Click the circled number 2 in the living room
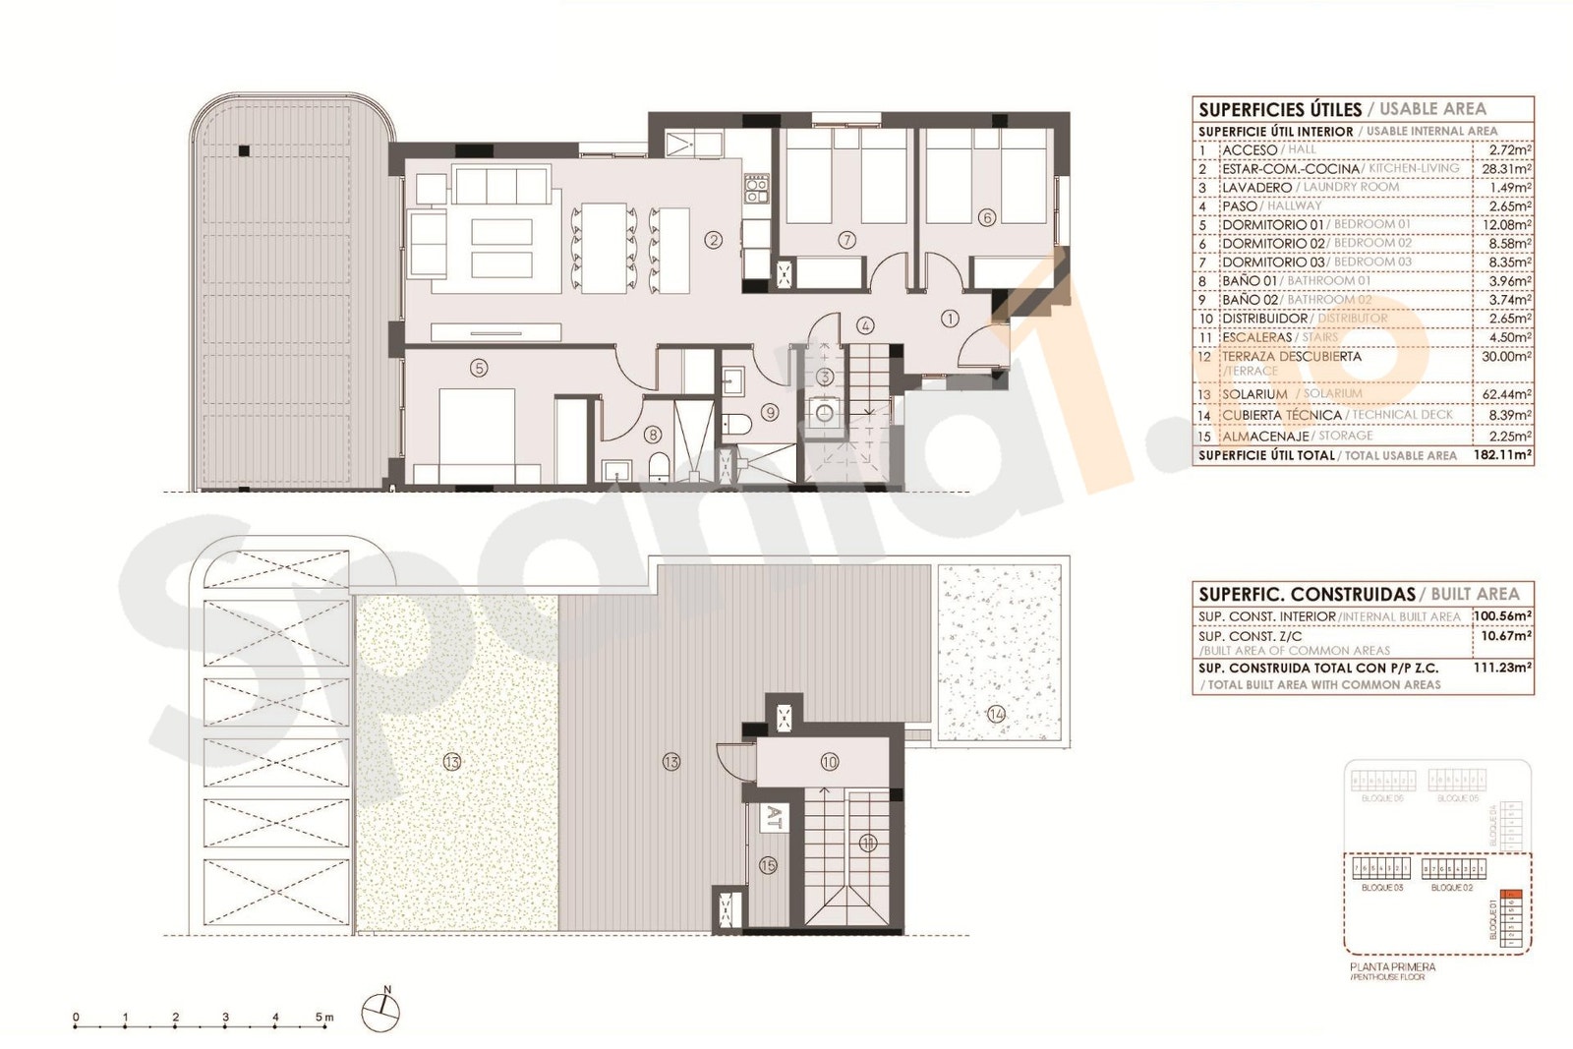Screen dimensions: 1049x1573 [x=715, y=239]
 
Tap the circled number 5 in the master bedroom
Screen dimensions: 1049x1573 [x=479, y=368]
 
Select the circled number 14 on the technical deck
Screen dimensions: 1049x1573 [x=996, y=714]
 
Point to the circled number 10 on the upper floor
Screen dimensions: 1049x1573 [x=829, y=762]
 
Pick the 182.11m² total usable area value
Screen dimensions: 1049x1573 [x=1503, y=455]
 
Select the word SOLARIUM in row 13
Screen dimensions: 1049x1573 [x=1254, y=394]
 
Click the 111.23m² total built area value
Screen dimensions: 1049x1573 [x=1503, y=668]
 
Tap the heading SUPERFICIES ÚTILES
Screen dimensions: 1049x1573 [x=1280, y=110]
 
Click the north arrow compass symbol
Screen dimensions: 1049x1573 [x=380, y=1010]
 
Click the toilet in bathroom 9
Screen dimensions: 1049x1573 [x=735, y=424]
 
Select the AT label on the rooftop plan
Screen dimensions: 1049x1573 [x=774, y=815]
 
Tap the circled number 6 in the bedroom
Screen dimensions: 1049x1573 [x=987, y=218]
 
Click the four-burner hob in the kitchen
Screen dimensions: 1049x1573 [x=755, y=189]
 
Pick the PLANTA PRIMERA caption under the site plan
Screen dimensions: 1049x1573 [x=1392, y=967]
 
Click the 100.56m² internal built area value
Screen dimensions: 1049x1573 [x=1503, y=616]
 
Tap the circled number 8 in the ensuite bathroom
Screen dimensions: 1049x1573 [x=652, y=434]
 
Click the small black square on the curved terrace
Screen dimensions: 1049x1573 [x=243, y=150]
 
